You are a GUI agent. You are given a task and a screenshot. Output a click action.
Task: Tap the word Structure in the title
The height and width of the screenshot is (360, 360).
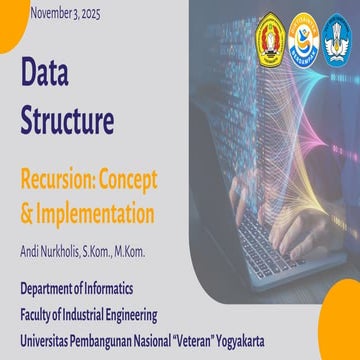[67, 120]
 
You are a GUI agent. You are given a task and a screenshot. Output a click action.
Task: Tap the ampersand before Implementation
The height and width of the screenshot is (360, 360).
[26, 213]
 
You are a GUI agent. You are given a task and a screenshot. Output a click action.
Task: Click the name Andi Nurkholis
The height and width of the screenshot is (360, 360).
[51, 250]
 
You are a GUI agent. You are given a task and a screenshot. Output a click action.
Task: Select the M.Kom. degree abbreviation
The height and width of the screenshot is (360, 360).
[127, 250]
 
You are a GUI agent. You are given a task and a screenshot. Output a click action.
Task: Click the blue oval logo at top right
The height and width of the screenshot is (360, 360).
[338, 41]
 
